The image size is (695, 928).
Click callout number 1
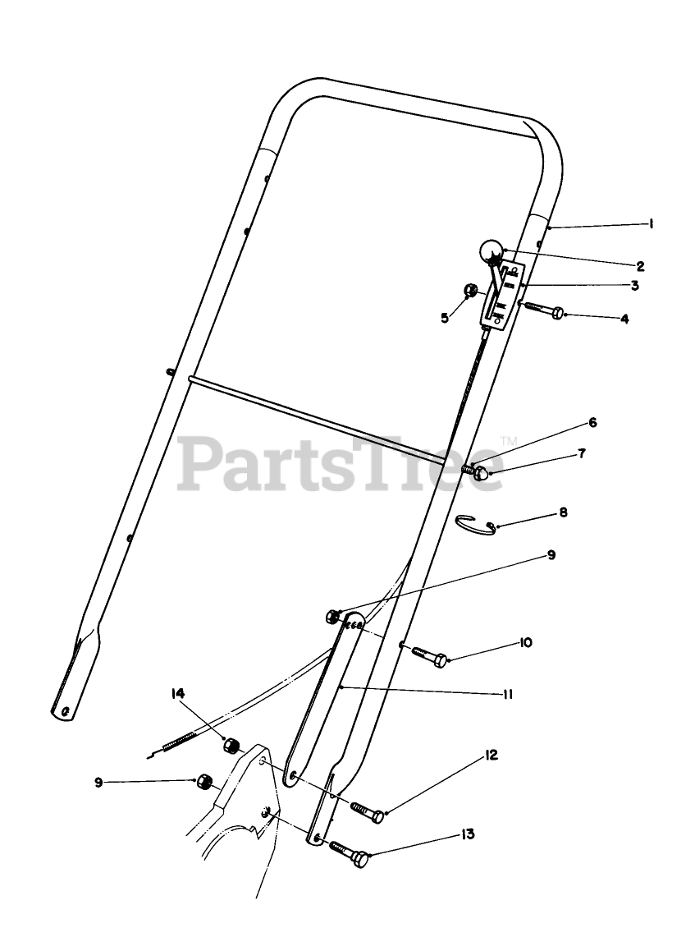pyautogui.click(x=650, y=223)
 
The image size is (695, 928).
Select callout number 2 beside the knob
pyautogui.click(x=640, y=265)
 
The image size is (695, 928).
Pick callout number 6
pyautogui.click(x=592, y=423)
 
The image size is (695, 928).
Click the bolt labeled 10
pyautogui.click(x=429, y=655)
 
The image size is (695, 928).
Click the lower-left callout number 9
pyautogui.click(x=99, y=783)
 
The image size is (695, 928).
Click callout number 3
pyautogui.click(x=634, y=286)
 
